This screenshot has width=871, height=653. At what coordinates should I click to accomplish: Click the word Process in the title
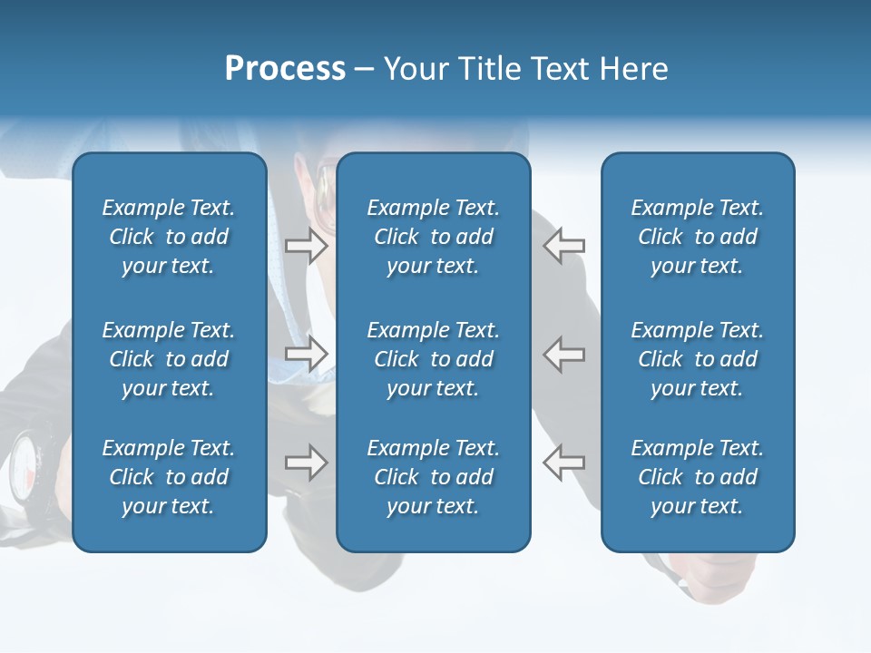click(285, 69)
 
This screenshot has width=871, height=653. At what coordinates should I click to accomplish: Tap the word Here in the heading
click(632, 69)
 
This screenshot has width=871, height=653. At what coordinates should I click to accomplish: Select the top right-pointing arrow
click(307, 246)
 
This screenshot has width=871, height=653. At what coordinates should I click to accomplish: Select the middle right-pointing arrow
click(307, 354)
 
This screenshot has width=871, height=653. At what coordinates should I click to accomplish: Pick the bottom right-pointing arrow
click(307, 463)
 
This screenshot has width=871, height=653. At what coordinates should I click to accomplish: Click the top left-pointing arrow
click(564, 246)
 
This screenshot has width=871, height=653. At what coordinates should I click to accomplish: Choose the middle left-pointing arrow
click(564, 354)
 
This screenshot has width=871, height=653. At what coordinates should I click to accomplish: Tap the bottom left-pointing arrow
click(564, 463)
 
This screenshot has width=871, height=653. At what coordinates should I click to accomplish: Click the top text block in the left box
click(169, 237)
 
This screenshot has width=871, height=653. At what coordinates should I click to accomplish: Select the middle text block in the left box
click(169, 359)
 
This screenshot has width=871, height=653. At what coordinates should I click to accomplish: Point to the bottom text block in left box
click(169, 477)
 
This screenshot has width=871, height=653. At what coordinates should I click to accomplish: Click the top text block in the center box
click(434, 237)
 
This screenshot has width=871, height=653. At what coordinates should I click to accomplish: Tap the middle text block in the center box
click(434, 359)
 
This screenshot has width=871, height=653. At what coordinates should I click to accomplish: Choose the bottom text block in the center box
click(434, 477)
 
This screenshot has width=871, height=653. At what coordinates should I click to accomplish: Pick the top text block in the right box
click(698, 237)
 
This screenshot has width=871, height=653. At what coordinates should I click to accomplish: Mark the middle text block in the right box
click(698, 359)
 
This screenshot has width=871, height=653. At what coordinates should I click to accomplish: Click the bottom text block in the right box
click(698, 477)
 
